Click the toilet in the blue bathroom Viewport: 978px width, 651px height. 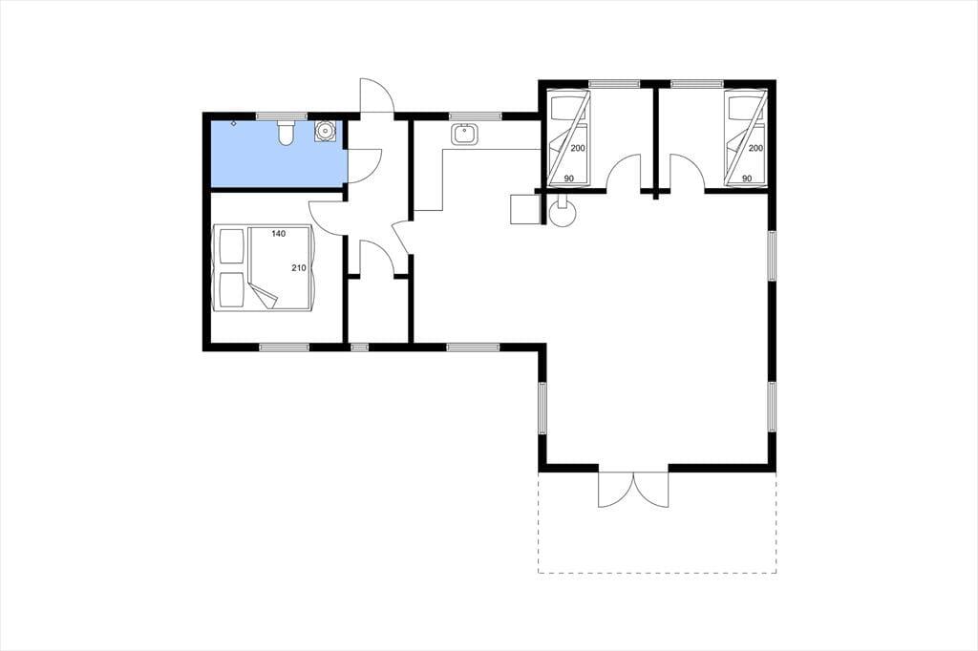click(285, 133)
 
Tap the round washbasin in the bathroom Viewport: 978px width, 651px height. click(325, 131)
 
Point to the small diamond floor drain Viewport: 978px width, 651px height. click(234, 123)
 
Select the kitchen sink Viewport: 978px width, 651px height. click(464, 134)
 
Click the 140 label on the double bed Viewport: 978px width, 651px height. click(278, 234)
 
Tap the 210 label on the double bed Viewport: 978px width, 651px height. click(299, 268)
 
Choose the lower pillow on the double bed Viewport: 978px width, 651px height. click(231, 290)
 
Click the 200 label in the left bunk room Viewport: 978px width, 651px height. click(577, 148)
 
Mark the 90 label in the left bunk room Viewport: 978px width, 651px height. click(569, 178)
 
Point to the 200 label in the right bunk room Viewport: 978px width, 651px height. click(755, 148)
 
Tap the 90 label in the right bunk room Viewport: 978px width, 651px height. click(747, 178)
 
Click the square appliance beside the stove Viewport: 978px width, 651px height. click(524, 209)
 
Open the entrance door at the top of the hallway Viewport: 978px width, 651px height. click(376, 95)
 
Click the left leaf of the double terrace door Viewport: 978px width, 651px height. click(616, 490)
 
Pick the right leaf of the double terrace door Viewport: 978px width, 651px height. click(651, 490)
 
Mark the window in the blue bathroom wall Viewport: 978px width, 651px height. click(282, 116)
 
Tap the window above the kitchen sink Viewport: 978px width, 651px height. click(476, 116)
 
